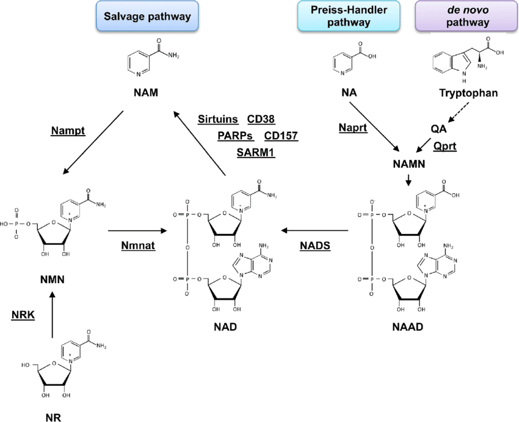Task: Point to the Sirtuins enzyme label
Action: pos(218,120)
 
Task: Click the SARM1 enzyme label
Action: pos(255,152)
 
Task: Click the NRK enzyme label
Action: pos(23,315)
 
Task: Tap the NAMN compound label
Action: pos(408,164)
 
